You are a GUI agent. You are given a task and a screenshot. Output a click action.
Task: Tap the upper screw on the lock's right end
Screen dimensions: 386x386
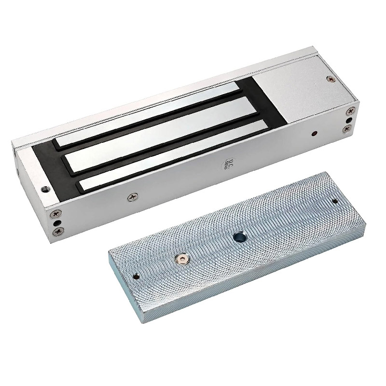coord(348,110)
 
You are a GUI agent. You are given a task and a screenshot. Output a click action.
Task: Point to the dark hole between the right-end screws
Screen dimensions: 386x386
coord(348,119)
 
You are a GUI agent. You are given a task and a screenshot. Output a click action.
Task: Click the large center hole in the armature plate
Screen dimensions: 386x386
coord(239,237)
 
